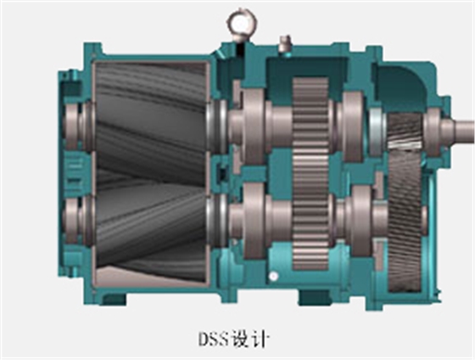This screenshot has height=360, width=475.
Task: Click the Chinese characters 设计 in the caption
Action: [x=254, y=339]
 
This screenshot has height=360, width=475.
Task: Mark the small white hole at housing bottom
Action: [x=273, y=278]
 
